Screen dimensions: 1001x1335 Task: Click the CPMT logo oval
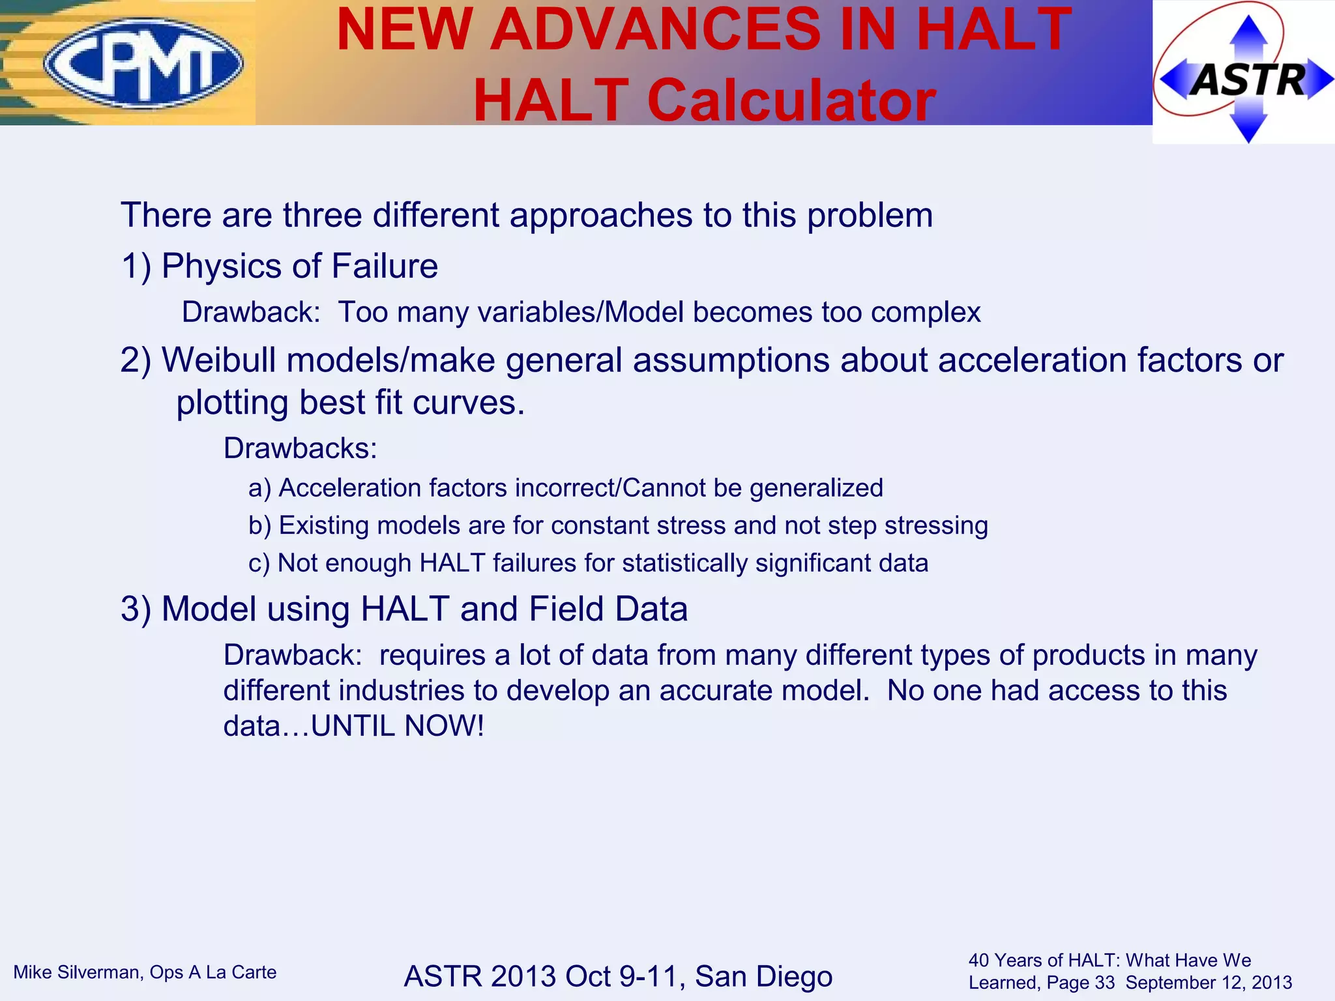(144, 63)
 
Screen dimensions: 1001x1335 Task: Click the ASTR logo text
(1248, 80)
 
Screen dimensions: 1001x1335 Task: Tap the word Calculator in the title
(791, 101)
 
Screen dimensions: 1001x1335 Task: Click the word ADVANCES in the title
(655, 29)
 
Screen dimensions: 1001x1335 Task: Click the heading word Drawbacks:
(301, 448)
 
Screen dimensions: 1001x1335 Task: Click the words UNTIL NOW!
(398, 726)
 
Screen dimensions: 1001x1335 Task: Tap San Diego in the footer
(763, 976)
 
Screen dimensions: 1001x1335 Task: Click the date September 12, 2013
(1209, 983)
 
